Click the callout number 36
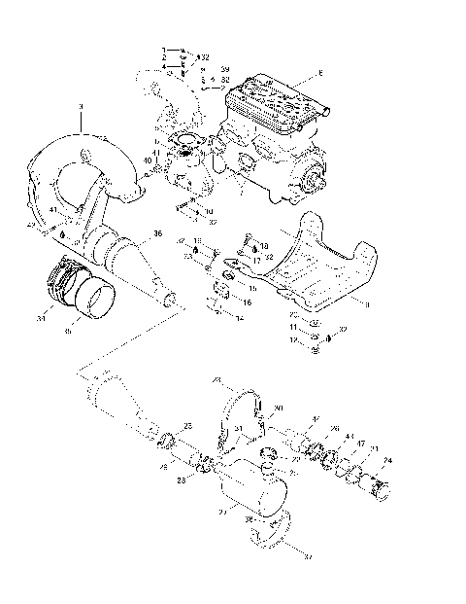pyautogui.click(x=157, y=233)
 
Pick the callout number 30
pyautogui.click(x=278, y=409)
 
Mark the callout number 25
pyautogui.click(x=187, y=426)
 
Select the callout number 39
pyautogui.click(x=224, y=70)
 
